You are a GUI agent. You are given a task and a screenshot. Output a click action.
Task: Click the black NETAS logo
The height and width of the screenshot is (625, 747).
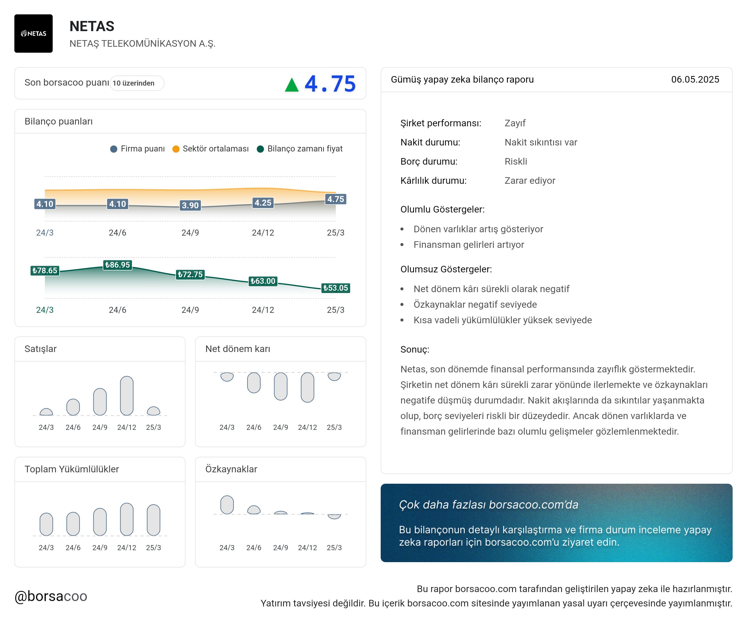click(34, 34)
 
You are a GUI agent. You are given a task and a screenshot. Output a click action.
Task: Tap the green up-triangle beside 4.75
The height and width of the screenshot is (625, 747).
click(292, 85)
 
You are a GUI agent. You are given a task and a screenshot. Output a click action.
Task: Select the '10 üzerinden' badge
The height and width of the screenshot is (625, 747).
click(136, 83)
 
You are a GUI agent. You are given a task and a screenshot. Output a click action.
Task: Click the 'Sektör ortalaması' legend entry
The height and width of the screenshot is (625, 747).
click(211, 149)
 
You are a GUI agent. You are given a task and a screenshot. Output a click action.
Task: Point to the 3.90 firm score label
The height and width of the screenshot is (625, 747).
click(190, 205)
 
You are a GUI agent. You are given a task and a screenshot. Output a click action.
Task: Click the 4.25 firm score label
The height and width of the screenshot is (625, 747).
click(263, 203)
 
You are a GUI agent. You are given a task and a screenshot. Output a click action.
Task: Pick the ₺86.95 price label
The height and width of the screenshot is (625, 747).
click(117, 265)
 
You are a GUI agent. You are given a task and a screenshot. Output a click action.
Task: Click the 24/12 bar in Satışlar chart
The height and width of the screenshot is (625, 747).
click(127, 395)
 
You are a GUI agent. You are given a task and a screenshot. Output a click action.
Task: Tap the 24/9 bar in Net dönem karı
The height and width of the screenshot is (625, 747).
click(281, 386)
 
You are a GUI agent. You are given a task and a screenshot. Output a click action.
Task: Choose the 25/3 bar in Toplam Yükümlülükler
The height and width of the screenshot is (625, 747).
click(153, 520)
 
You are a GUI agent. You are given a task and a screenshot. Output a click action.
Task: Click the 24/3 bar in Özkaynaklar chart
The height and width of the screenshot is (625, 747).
click(227, 505)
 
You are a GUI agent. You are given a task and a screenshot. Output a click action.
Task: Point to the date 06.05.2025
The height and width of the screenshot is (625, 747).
click(695, 80)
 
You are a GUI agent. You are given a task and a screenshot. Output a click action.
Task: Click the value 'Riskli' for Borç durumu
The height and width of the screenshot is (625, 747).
click(516, 162)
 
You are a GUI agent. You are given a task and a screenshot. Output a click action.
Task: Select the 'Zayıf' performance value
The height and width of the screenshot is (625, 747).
click(515, 123)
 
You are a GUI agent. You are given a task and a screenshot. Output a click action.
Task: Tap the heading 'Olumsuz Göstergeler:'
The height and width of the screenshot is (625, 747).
click(446, 269)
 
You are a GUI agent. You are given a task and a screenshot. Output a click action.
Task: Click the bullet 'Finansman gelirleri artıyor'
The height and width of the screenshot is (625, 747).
click(468, 245)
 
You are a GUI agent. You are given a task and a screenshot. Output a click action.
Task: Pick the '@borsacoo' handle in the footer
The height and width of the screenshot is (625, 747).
click(51, 596)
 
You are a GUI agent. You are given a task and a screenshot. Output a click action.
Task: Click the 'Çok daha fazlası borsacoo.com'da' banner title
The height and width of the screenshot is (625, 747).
click(488, 504)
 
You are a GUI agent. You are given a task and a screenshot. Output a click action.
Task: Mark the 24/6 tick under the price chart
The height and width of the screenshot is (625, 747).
click(117, 310)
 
